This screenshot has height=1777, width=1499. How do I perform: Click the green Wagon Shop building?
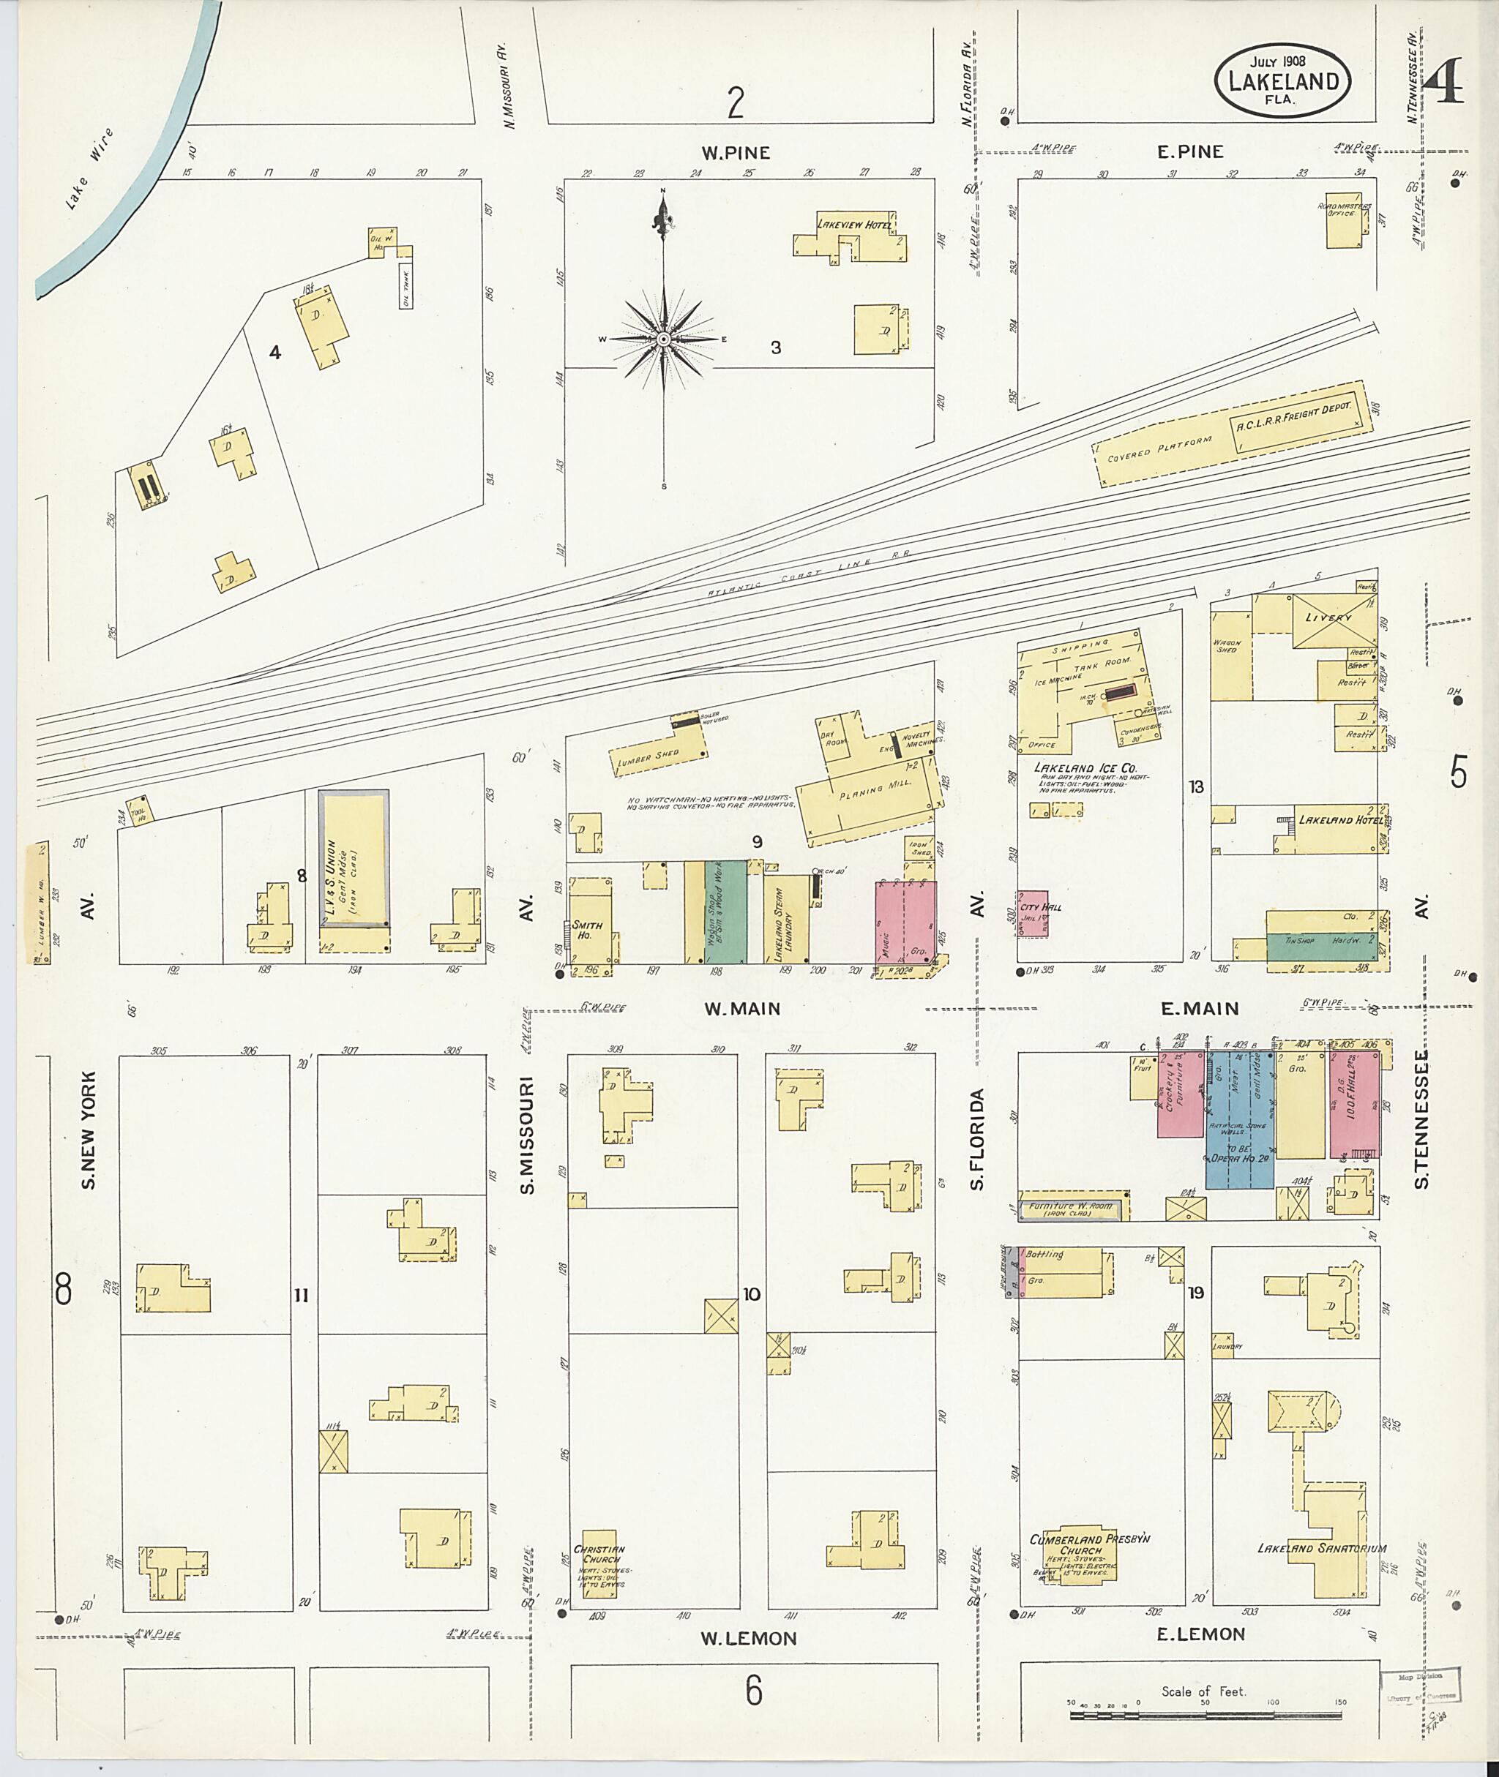click(728, 912)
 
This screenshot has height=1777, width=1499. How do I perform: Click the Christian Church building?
click(597, 1570)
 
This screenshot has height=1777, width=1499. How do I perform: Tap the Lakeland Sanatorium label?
click(1321, 1548)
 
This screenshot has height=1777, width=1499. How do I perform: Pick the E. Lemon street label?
click(1200, 1634)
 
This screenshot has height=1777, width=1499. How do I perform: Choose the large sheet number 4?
click(1443, 80)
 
